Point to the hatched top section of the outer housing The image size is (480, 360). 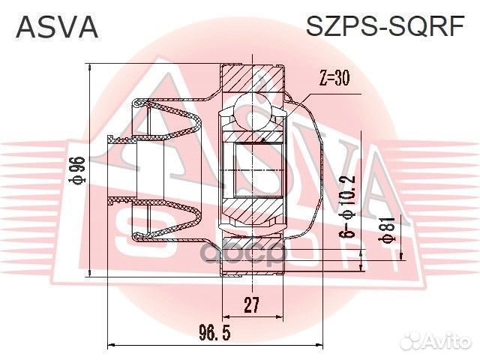(x=254, y=78)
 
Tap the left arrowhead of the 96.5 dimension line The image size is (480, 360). (x=112, y=345)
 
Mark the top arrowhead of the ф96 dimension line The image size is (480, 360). (x=90, y=69)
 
